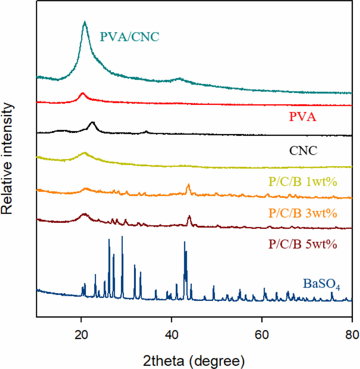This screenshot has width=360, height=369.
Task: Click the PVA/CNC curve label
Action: point(130,37)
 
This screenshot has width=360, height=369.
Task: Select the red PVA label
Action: point(302,117)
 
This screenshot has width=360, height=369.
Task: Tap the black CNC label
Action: point(303,150)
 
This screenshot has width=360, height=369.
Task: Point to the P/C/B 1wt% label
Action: point(302,182)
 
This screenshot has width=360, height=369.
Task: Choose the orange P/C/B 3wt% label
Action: point(302,213)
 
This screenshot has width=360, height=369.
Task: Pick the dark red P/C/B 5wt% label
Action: point(302,244)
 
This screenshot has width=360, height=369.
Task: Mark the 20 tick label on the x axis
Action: point(81,335)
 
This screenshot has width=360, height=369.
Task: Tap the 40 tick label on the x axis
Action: point(171,335)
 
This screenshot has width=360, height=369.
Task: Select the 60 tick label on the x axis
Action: point(262,335)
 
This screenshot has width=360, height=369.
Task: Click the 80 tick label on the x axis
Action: point(352,335)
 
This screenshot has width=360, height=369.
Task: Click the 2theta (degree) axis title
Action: point(194,361)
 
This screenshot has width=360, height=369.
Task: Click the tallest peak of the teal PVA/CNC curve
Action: point(85,22)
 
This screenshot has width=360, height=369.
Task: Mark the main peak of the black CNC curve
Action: point(93,122)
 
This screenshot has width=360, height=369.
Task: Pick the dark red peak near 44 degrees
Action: point(189,216)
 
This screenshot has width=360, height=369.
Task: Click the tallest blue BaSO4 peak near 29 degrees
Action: point(122,237)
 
